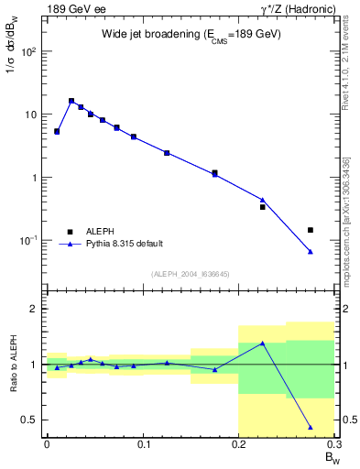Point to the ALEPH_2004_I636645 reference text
click(191, 274)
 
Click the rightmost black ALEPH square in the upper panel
click(311, 230)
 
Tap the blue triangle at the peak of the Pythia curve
click(71, 101)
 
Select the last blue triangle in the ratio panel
click(311, 427)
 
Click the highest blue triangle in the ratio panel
click(263, 344)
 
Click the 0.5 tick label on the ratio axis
click(30, 420)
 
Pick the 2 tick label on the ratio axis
click(35, 309)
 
